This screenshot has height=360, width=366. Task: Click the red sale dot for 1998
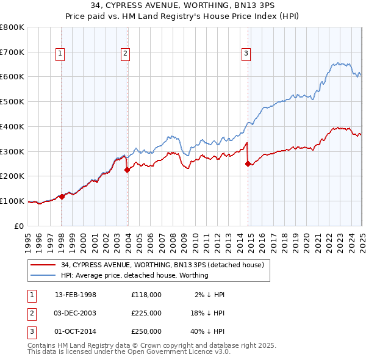pyautogui.click(x=62, y=196)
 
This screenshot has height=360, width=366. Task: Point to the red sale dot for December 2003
pyautogui.click(x=127, y=170)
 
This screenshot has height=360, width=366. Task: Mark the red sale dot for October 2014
pyautogui.click(x=248, y=164)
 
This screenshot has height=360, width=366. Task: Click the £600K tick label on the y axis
pyautogui.click(x=12, y=77)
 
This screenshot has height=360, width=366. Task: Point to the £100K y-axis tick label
pyautogui.click(x=12, y=201)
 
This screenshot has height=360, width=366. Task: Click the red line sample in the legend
pyautogui.click(x=43, y=265)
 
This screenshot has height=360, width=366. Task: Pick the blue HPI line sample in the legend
pyautogui.click(x=43, y=275)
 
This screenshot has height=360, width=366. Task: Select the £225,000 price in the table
pyautogui.click(x=146, y=313)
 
